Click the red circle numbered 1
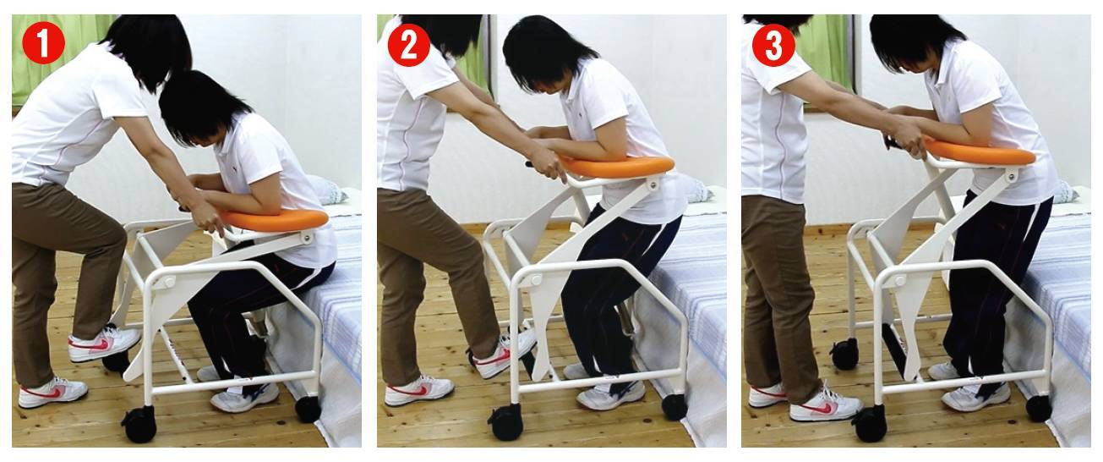(43, 43)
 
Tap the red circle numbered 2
(409, 46)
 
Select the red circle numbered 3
(773, 46)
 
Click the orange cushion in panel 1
(274, 218)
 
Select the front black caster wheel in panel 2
(505, 421)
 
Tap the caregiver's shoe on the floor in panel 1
(53, 392)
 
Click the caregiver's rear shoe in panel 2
(418, 391)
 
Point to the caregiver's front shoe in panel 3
(826, 406)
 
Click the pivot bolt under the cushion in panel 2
(653, 185)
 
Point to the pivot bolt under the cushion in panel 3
(1012, 174)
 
